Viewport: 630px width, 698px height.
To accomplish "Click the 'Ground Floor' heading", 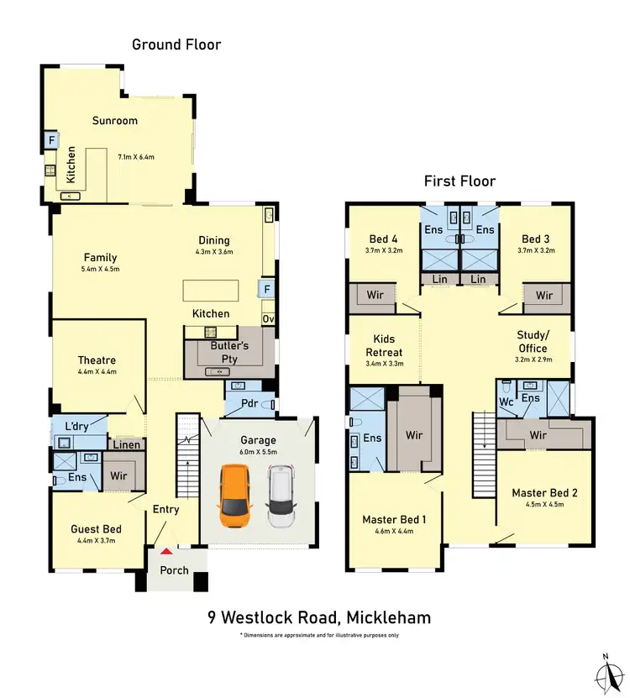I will (176, 44).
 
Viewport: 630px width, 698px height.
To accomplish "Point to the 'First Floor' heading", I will (459, 181).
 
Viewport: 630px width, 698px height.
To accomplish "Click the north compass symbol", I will (604, 673).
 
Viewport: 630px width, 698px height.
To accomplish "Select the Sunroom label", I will (115, 121).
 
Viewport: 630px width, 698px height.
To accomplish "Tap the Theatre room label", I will (97, 360).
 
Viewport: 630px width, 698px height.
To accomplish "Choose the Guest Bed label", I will (96, 529).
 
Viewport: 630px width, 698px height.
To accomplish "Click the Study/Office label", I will (533, 341).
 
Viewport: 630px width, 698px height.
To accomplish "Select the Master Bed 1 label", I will (394, 520).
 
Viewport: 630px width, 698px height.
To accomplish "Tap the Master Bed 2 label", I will (543, 493).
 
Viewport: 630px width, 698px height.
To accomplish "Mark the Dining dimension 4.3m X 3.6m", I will (214, 252).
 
